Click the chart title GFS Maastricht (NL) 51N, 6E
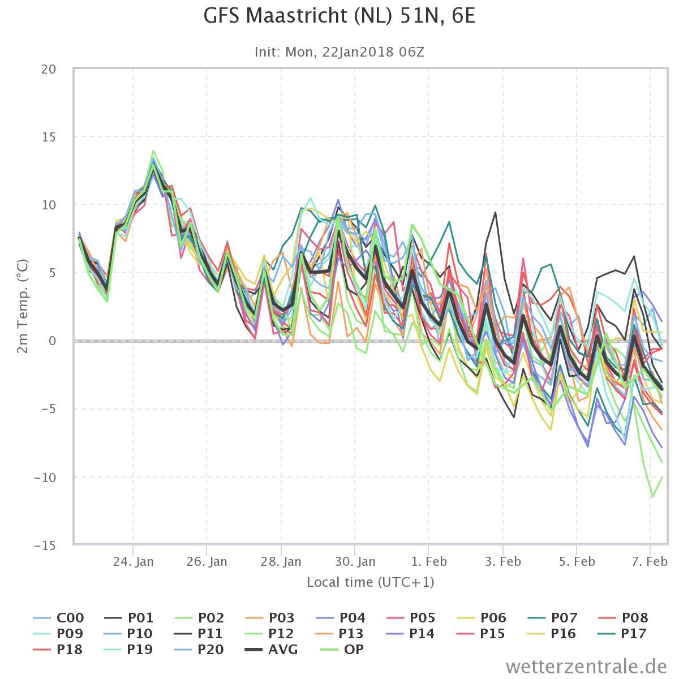[339, 16]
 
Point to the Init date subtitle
[339, 52]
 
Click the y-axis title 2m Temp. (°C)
[23, 306]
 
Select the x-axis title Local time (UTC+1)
[370, 582]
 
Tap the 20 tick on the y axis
[49, 70]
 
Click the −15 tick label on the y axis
[45, 546]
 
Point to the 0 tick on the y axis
[53, 341]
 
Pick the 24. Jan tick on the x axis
[133, 561]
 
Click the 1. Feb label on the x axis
[429, 561]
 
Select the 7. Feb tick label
[650, 561]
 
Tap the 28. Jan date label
[281, 561]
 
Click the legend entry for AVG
[272, 650]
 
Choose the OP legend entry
[342, 650]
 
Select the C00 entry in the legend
[58, 618]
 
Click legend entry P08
[623, 618]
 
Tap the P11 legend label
[199, 634]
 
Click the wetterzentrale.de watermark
[586, 667]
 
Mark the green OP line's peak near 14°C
[153, 151]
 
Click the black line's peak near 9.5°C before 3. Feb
[496, 212]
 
